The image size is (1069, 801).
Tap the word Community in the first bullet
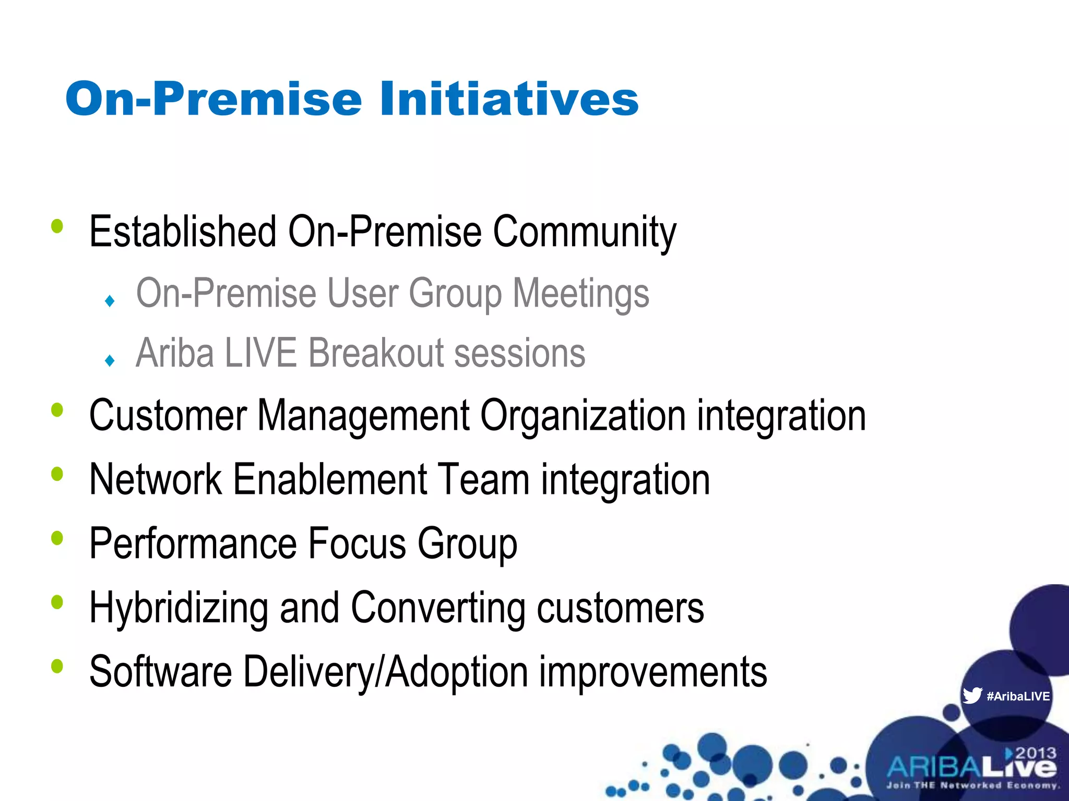point(584,232)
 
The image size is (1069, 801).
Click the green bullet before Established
point(57,227)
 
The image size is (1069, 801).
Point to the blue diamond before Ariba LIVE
point(110,360)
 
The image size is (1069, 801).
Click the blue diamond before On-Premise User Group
point(110,301)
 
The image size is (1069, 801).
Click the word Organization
point(583,416)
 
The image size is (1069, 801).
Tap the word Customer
point(167,415)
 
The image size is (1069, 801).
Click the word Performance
point(193,544)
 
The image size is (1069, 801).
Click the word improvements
point(652,672)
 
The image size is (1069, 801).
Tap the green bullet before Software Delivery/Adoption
point(57,666)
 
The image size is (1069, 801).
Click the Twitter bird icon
point(972,696)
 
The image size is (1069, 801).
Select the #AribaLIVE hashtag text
point(1018,696)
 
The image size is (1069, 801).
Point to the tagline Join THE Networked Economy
point(972,785)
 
